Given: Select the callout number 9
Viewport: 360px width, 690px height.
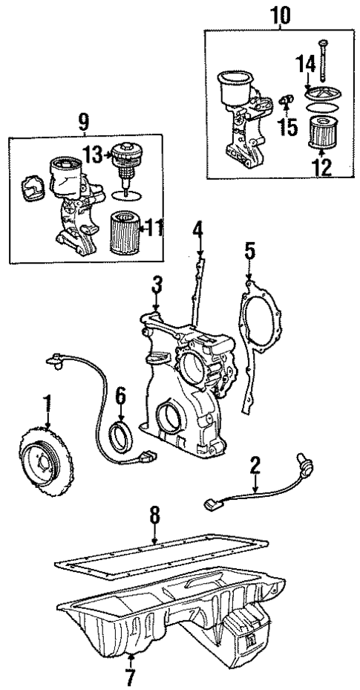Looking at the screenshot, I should click(86, 119).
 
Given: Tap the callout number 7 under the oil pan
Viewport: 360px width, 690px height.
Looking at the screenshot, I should click(130, 675).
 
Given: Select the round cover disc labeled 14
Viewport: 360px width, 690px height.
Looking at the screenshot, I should click(324, 94).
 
